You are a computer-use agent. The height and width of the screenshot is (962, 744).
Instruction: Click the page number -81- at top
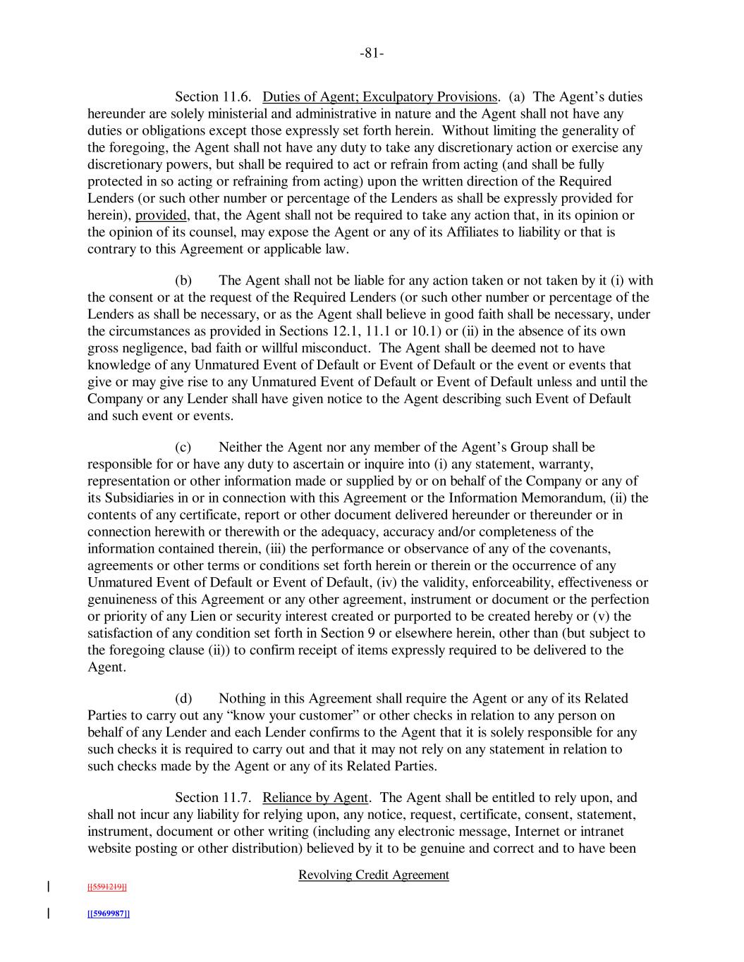(x=372, y=54)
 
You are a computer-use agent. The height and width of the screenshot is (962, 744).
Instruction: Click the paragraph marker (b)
(x=183, y=280)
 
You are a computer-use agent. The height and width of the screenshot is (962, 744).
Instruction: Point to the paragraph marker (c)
(x=183, y=448)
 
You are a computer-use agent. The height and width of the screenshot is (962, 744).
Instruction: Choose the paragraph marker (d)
(x=183, y=699)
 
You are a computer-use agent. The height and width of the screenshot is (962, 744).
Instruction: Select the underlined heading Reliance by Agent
(x=315, y=798)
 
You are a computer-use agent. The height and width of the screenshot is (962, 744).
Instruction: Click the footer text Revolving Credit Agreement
(x=374, y=875)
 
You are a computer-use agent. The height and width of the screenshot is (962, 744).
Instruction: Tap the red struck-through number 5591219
(x=106, y=887)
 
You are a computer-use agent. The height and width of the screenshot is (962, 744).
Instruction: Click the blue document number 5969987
(x=108, y=914)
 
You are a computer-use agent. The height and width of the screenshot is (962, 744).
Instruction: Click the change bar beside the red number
(x=49, y=887)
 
